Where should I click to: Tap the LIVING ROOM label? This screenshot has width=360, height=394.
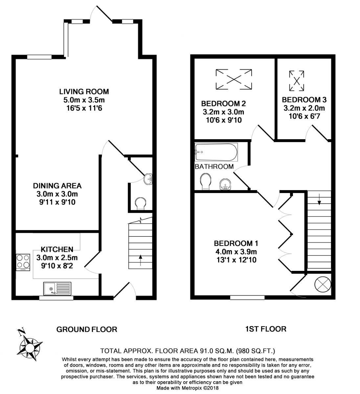(x=84, y=91)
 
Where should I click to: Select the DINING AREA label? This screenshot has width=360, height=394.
(x=57, y=186)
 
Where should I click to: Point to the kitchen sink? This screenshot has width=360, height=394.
(x=58, y=289)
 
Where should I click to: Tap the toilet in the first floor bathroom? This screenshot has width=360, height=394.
(x=206, y=182)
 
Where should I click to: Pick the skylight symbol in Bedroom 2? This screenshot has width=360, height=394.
(x=234, y=79)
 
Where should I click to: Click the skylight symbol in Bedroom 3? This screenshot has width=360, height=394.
(x=296, y=81)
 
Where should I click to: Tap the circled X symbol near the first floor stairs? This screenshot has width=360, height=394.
(x=323, y=284)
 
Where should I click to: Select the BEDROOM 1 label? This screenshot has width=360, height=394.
(x=236, y=243)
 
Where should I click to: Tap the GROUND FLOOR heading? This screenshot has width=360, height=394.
(x=87, y=329)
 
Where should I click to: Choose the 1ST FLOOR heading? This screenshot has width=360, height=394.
(x=265, y=329)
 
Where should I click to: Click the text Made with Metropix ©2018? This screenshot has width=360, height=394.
(x=187, y=388)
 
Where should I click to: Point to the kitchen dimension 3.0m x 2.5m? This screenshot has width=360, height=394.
(x=57, y=257)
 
